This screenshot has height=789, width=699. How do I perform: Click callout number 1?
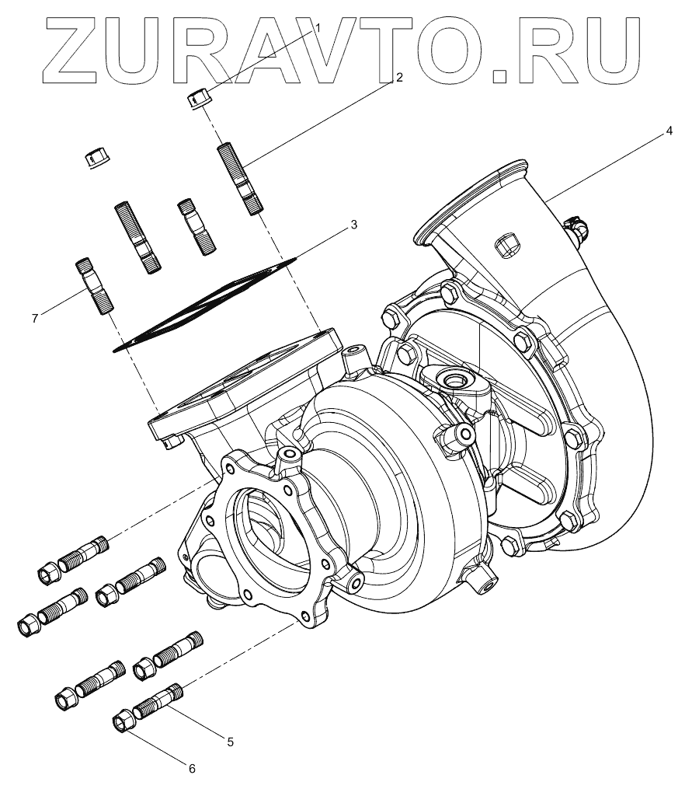coord(317,29)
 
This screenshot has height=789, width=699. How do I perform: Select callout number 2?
coord(399,77)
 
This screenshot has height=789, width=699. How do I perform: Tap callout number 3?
coord(353,225)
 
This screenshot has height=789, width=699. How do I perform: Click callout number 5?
coord(230,742)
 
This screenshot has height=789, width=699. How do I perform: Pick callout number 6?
coord(192,769)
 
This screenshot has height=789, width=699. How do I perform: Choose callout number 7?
coord(34,317)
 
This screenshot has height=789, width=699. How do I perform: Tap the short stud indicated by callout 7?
coord(93,285)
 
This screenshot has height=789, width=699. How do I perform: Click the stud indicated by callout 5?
coord(160,700)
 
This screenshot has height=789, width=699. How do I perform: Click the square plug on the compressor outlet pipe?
coord(505,243)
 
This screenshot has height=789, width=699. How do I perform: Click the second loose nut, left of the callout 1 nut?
coord(96,159)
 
